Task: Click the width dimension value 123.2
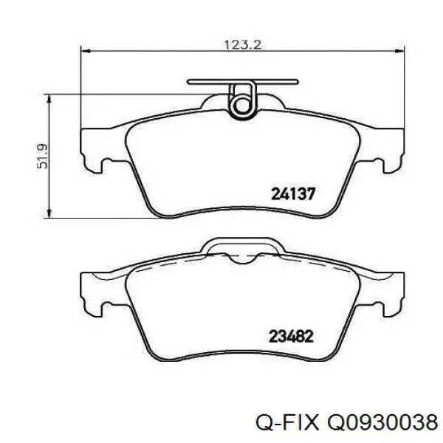pyautogui.click(x=243, y=44)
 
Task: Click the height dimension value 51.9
pyautogui.click(x=42, y=157)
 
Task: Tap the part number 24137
pyautogui.click(x=294, y=195)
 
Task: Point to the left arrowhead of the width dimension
pyautogui.click(x=85, y=52)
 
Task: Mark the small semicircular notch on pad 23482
pyautogui.click(x=242, y=259)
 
